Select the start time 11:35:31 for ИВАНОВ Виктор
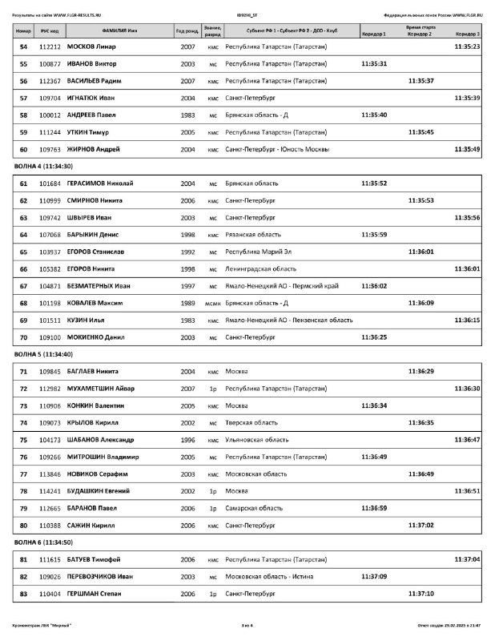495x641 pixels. click(374, 63)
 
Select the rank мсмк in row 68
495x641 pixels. click(212, 303)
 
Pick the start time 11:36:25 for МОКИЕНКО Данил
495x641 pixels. click(374, 337)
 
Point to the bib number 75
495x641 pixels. click(23, 440)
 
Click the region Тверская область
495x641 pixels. click(251, 422)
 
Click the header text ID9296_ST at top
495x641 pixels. click(247, 14)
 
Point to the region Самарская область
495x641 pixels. click(254, 508)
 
